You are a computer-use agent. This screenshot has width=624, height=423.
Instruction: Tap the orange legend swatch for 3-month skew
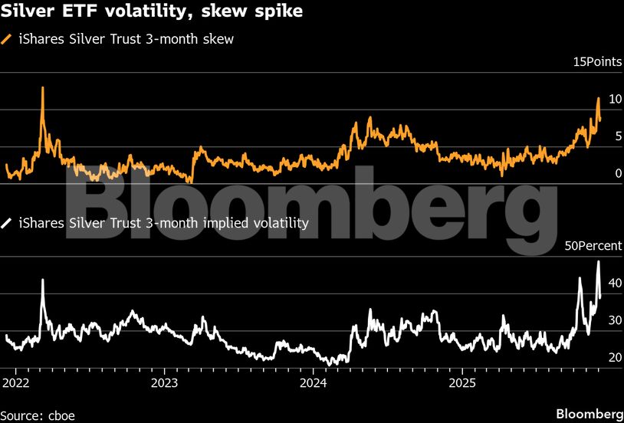coord(8,39)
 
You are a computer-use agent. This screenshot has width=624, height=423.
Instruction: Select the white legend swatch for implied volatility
coord(8,224)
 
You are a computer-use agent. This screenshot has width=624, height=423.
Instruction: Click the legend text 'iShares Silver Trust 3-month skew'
coord(126,39)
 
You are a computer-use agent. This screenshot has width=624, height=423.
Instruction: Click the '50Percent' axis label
coord(593,247)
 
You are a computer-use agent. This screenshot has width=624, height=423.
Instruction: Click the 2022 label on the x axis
coord(16,382)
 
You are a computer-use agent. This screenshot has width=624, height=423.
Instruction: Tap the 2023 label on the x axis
coord(164,382)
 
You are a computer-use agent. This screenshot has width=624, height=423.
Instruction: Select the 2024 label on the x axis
coord(314,382)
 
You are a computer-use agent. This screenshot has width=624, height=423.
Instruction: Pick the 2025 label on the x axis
coord(462,382)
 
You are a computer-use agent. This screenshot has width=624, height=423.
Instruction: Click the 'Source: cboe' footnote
coord(38,415)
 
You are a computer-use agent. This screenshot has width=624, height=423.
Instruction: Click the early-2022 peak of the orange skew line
coord(42,87)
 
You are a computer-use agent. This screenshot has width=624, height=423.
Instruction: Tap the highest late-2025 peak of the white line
coord(598,261)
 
